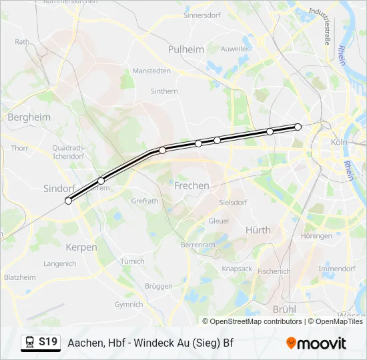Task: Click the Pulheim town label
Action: click(x=187, y=49)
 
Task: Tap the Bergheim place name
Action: click(x=29, y=117)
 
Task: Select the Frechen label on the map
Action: click(x=192, y=186)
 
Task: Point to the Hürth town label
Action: click(x=258, y=230)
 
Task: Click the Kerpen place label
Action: click(x=81, y=247)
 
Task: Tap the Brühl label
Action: click(x=284, y=309)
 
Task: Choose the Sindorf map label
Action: click(x=59, y=189)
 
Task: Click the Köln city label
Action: click(x=340, y=143)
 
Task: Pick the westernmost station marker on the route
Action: click(x=68, y=201)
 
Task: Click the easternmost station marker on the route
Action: click(x=298, y=127)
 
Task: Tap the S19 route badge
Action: click(x=47, y=342)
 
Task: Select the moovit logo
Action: click(x=316, y=343)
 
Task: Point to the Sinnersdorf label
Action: click(x=201, y=14)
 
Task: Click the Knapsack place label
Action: click(x=236, y=269)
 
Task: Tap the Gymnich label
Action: click(x=129, y=305)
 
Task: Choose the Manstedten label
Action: click(x=151, y=71)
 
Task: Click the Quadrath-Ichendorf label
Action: click(x=67, y=151)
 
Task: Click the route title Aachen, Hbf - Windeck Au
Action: click(x=150, y=343)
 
